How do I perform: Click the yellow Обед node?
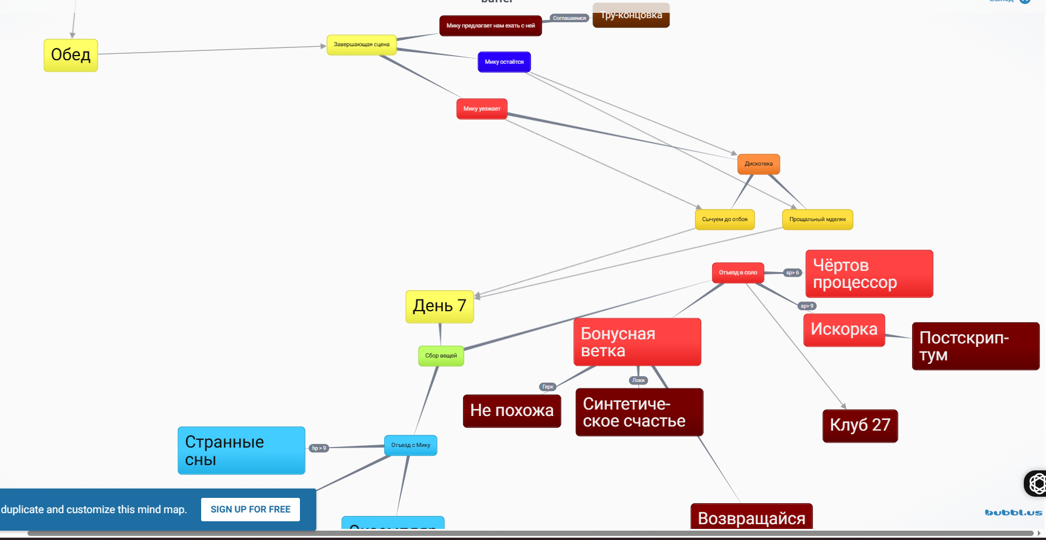tap(71, 55)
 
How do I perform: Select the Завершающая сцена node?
tap(361, 44)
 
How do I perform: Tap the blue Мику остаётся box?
tap(504, 62)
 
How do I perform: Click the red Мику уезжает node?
tap(482, 109)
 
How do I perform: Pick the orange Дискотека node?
tap(758, 164)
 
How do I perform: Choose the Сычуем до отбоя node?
tap(724, 219)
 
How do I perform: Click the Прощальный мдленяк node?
tap(817, 219)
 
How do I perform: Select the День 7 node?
tap(440, 306)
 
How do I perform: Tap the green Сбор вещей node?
tap(441, 356)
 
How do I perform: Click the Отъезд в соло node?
tap(738, 273)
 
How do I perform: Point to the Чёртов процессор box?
tap(869, 274)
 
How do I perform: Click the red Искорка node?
tap(844, 329)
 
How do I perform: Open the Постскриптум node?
tap(975, 346)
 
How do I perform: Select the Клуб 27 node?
tap(859, 425)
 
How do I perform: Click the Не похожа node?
tap(512, 411)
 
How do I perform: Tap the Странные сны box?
tap(241, 450)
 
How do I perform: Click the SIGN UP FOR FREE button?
tap(250, 510)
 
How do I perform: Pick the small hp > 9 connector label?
tap(319, 448)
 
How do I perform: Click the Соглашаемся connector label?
tap(569, 18)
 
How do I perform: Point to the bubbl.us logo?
tap(1013, 513)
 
